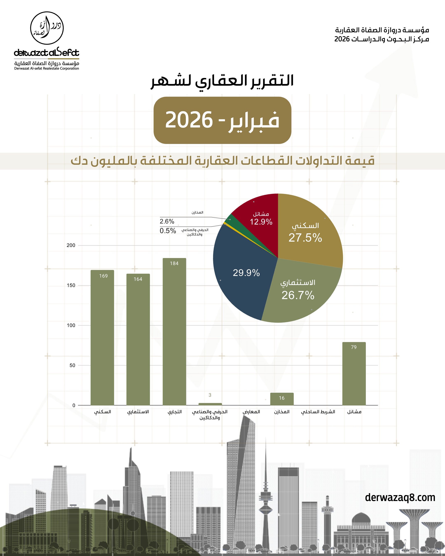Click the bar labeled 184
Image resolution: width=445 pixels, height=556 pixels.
(x=174, y=331)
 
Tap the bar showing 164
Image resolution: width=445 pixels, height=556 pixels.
(x=138, y=339)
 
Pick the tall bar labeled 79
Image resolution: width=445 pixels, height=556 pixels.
(x=354, y=374)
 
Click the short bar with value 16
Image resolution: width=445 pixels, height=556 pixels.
(x=282, y=399)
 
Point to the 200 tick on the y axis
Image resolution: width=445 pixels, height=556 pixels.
(x=71, y=245)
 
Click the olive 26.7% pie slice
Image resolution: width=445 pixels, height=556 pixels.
(x=299, y=291)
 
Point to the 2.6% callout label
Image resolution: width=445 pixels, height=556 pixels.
(x=167, y=221)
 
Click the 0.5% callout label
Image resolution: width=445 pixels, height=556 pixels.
(x=168, y=231)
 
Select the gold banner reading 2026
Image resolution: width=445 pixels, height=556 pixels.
(x=222, y=120)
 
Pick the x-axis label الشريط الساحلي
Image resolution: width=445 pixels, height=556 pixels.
(x=318, y=412)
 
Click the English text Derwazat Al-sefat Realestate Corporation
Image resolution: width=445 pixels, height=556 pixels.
(x=47, y=68)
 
